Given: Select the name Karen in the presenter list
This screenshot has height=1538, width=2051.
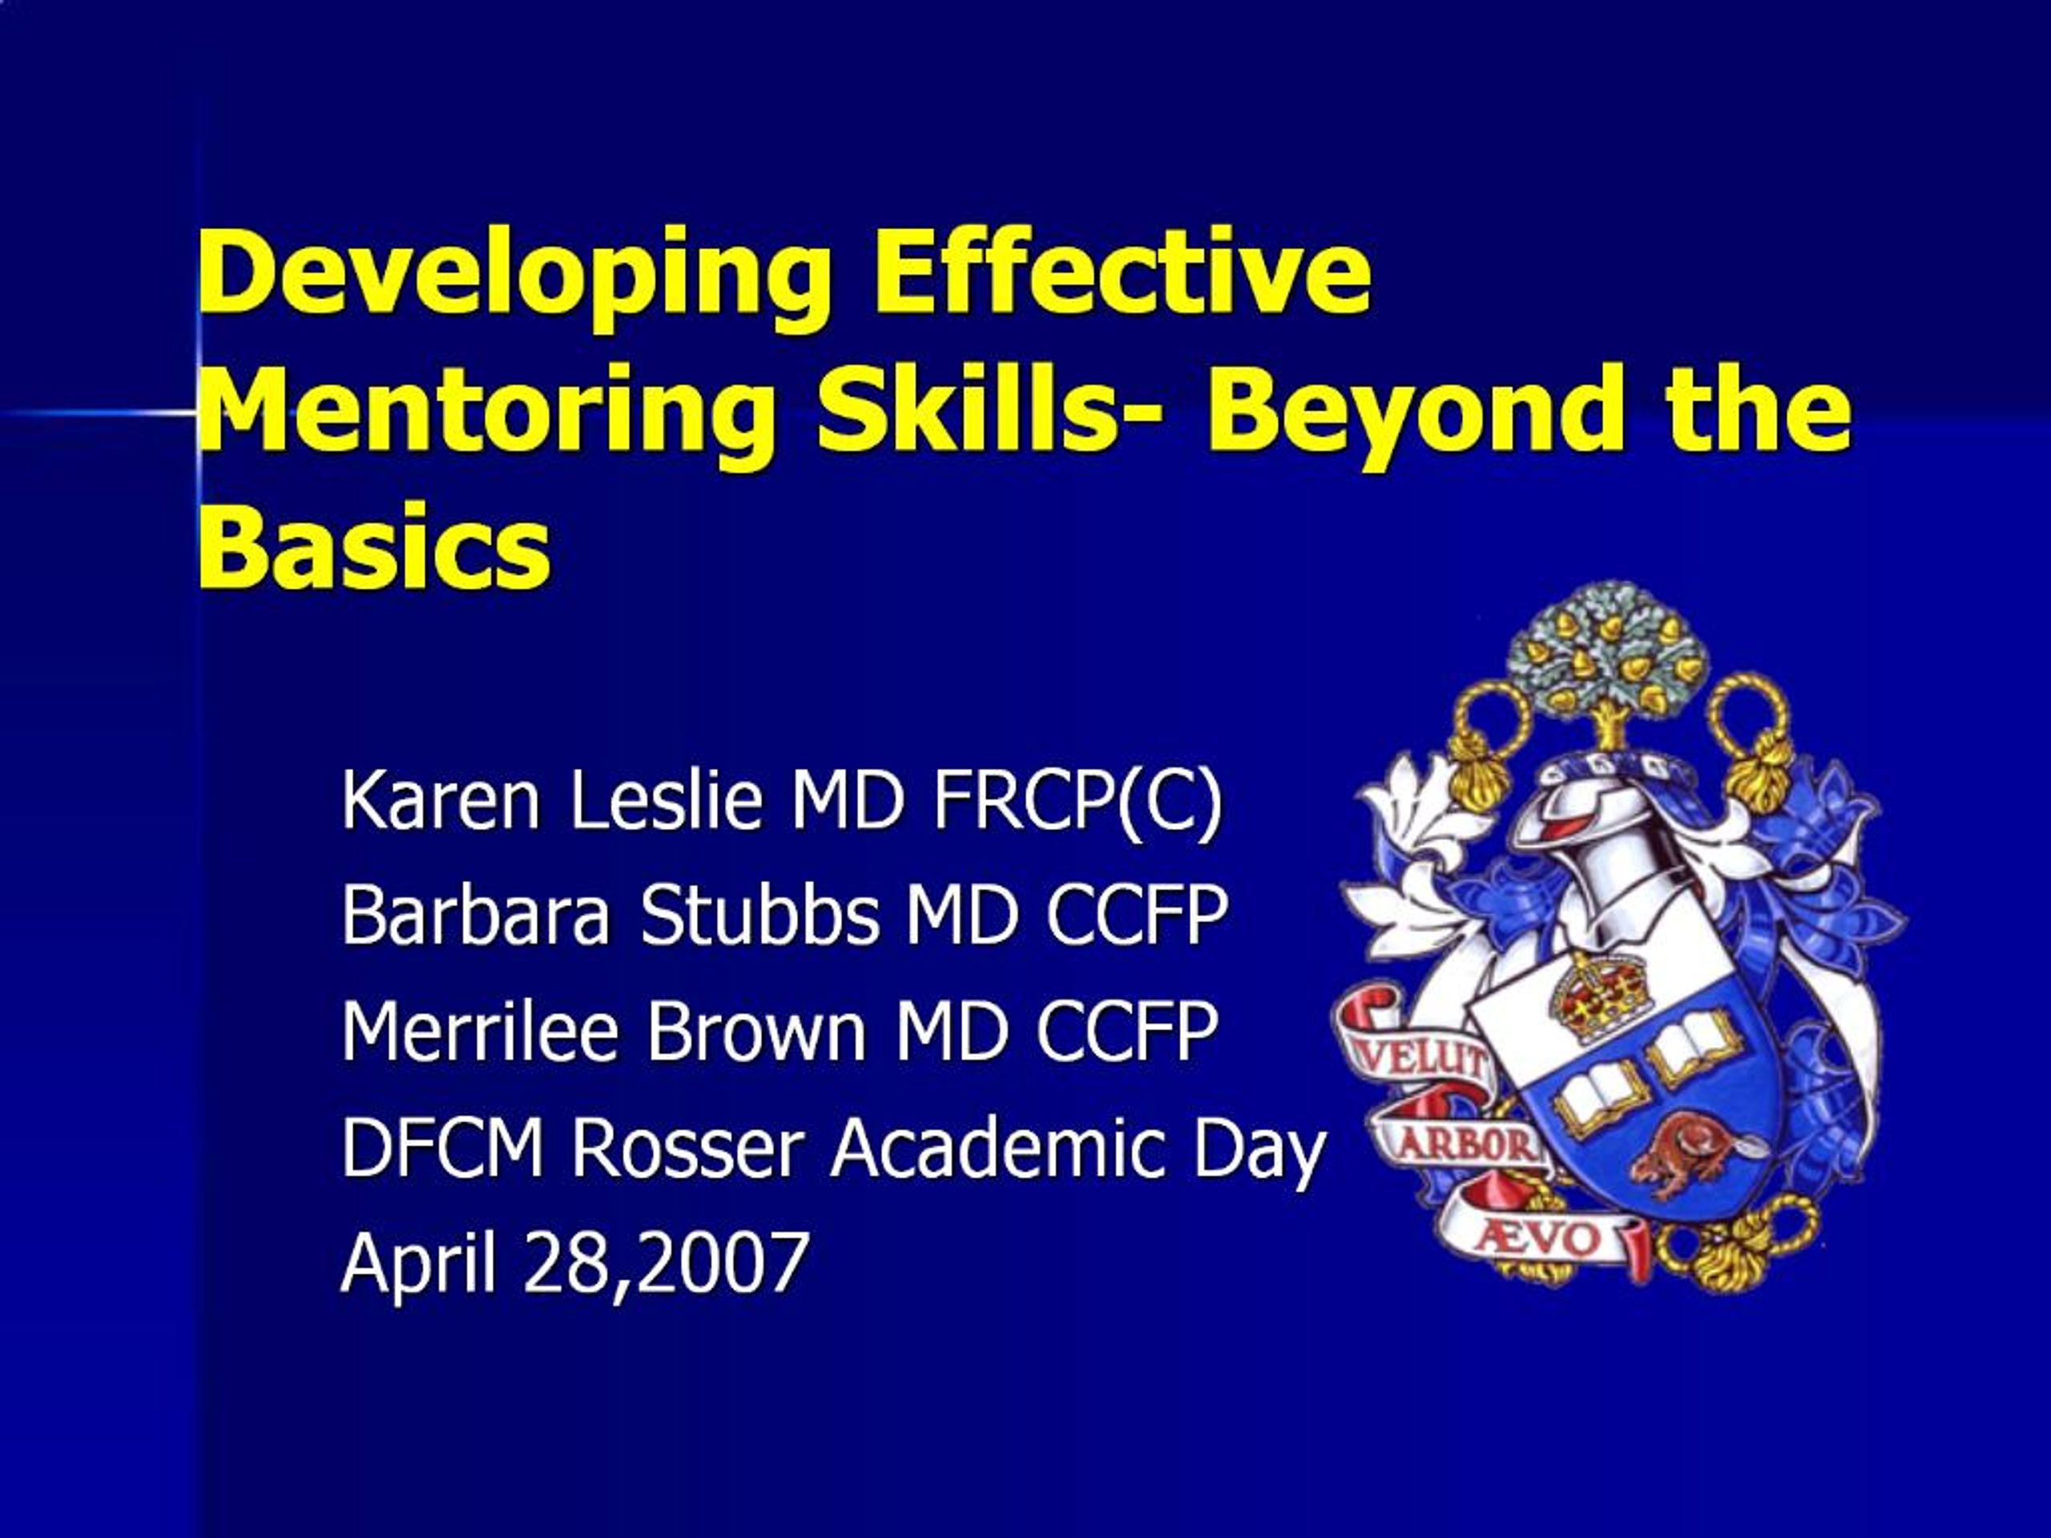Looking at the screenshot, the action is (441, 800).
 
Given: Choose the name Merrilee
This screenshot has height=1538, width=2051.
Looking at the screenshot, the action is (479, 1030).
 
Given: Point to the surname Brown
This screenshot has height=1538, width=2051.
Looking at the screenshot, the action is (755, 1030).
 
